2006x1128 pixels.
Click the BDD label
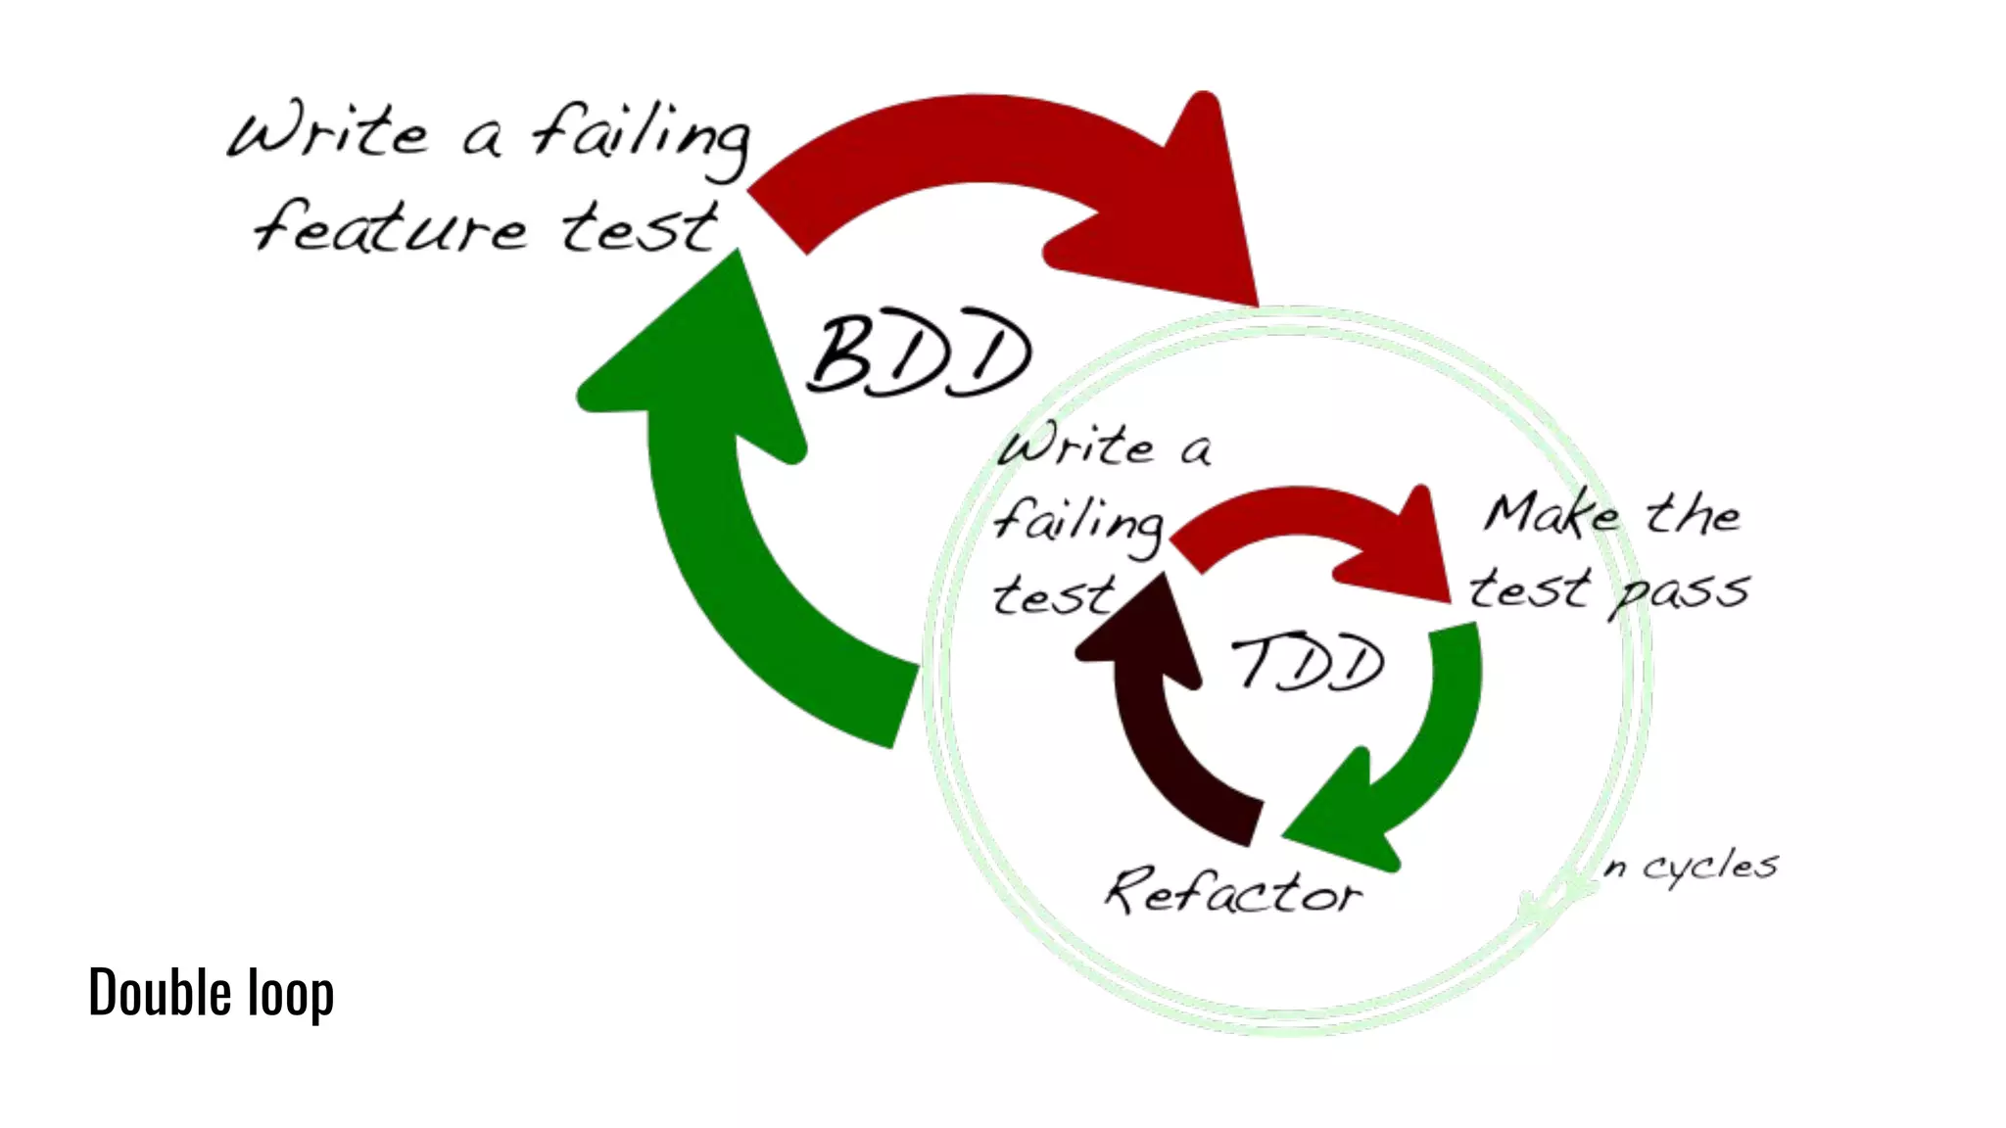[919, 354]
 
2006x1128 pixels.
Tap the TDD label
[1308, 663]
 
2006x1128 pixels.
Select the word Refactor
[1233, 891]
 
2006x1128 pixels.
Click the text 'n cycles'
[1690, 867]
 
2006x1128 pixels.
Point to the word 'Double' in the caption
[160, 992]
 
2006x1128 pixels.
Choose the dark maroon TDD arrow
[1166, 725]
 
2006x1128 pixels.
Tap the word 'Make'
[1552, 515]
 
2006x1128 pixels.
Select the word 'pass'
[1679, 591]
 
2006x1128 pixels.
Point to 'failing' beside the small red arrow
[1077, 523]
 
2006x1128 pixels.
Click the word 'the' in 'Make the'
[1693, 513]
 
